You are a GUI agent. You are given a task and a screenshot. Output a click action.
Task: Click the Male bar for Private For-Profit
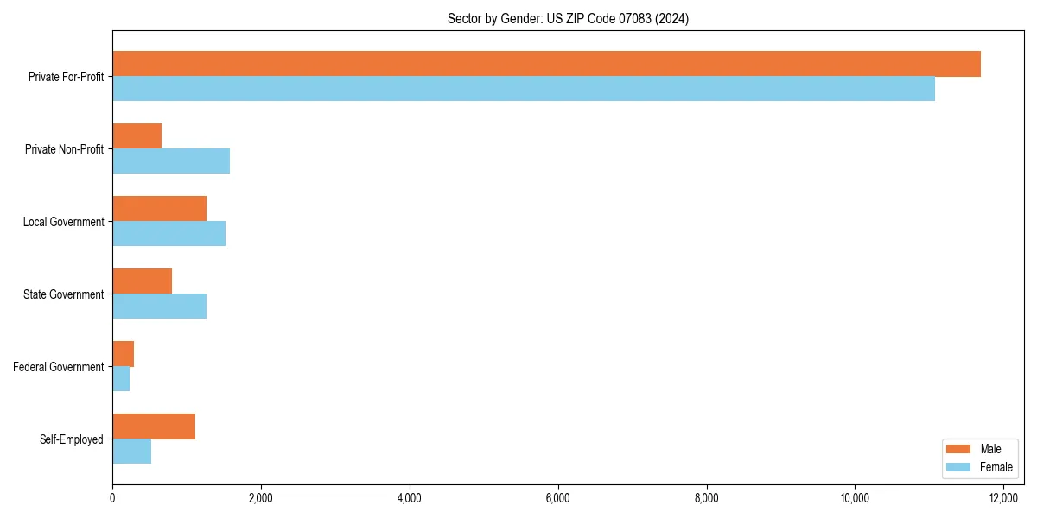coord(546,64)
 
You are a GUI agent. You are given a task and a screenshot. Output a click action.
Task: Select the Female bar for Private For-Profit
coord(524,89)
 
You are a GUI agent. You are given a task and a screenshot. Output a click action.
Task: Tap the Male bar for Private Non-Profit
coord(137,136)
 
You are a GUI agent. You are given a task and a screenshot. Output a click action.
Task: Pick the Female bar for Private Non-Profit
coord(171,161)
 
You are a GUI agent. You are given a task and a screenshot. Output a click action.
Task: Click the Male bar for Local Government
coord(159,209)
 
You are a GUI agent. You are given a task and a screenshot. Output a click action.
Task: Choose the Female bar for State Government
coord(159,306)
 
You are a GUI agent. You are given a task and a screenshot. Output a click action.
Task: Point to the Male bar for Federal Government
coord(123,354)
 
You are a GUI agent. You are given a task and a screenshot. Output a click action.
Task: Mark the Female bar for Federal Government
coord(121,379)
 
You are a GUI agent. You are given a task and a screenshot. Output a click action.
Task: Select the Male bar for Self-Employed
coord(154,426)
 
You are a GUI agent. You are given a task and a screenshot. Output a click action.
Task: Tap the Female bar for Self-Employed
coord(131,452)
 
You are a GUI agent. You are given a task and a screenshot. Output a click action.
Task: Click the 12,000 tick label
coord(1003,497)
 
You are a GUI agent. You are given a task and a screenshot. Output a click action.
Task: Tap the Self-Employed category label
coord(72,439)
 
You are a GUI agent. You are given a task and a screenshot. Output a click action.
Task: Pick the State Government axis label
coord(64,294)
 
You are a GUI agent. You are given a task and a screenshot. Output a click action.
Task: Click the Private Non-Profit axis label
coord(65,149)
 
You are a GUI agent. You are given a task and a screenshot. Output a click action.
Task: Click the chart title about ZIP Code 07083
coord(568,18)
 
